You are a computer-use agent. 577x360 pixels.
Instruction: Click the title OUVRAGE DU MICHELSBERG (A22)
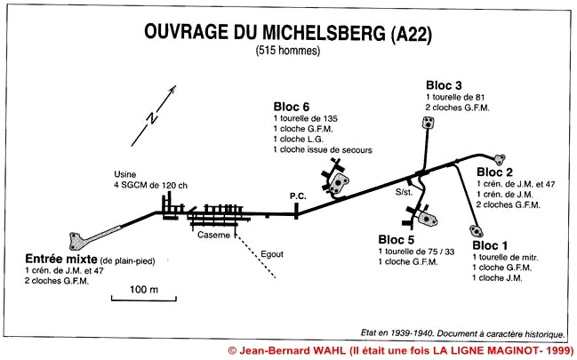[287, 33]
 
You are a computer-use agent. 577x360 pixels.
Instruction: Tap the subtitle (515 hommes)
[288, 51]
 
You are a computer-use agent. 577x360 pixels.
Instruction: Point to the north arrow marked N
[154, 116]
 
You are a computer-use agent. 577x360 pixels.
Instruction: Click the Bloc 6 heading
[292, 107]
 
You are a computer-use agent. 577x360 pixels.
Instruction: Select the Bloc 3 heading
[444, 85]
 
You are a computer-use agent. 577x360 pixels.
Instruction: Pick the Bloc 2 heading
[494, 172]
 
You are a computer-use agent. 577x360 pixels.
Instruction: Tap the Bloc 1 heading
[490, 245]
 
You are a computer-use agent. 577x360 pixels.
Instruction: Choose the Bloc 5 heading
[397, 240]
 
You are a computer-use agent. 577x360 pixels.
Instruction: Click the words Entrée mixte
[61, 259]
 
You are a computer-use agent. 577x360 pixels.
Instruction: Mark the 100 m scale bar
[144, 299]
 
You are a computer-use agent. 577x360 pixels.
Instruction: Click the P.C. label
[298, 196]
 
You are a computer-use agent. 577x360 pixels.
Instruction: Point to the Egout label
[272, 254]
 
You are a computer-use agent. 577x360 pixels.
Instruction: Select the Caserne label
[213, 235]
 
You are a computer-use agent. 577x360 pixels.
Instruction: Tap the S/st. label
[404, 192]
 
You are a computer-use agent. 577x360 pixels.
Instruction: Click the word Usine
[125, 174]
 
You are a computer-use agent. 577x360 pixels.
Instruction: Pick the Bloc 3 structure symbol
[428, 123]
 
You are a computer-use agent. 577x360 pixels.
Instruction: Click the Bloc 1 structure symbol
[477, 231]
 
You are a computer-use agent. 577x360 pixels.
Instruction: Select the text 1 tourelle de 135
[306, 118]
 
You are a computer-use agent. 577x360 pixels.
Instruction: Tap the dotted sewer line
[255, 256]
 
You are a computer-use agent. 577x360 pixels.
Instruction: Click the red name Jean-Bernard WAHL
[293, 350]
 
